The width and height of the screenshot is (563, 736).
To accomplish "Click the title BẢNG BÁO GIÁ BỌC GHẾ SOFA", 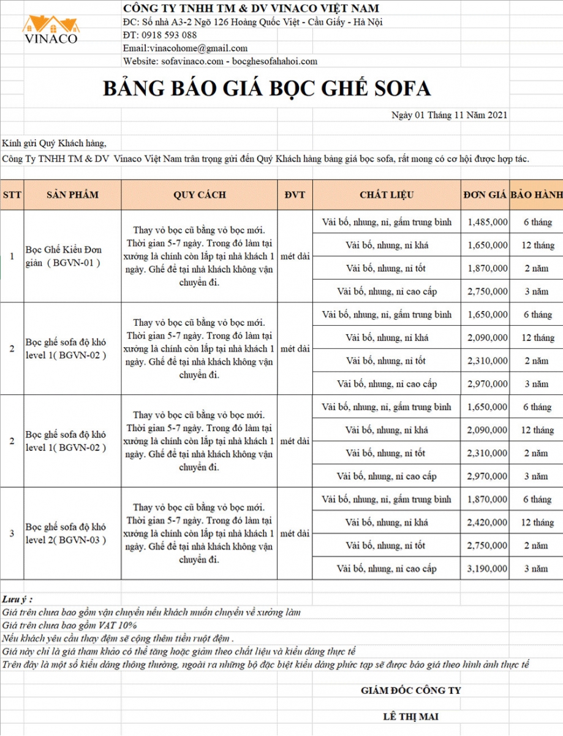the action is [266, 88].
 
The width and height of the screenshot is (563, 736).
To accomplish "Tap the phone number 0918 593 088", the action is [168, 35].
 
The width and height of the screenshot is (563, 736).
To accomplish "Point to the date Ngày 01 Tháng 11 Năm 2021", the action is [449, 115].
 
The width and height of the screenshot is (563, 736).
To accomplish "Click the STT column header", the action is [12, 195].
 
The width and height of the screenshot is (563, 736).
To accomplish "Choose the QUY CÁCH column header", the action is [199, 195].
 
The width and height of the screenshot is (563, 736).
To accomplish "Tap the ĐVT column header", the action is [295, 195].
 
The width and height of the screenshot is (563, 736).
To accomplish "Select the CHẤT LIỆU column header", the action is [387, 195].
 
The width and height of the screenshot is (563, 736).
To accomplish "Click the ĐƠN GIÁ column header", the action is [485, 195].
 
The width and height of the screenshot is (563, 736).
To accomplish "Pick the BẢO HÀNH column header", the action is [536, 195].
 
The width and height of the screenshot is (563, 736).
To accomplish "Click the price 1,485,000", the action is [487, 222].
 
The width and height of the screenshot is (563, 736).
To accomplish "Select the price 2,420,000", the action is [487, 523].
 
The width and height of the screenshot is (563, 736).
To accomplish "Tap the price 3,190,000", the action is [487, 569].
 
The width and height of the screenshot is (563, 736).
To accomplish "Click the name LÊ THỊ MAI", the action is [410, 716].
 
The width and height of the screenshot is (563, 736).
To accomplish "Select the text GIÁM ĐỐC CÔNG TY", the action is [410, 691].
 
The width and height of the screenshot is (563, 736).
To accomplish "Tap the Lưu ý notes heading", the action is [17, 599].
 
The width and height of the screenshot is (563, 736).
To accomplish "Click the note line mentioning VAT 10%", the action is [70, 625].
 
